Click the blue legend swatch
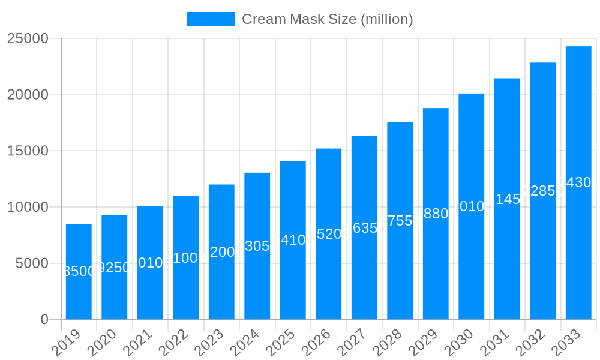210,19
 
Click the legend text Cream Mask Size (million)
327,19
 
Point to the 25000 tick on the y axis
28,38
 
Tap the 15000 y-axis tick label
28,151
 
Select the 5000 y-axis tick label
31,263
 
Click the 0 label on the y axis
44,320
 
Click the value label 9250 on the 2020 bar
114,268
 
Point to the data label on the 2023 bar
221,252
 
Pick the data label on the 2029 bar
436,214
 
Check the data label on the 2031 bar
507,199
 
